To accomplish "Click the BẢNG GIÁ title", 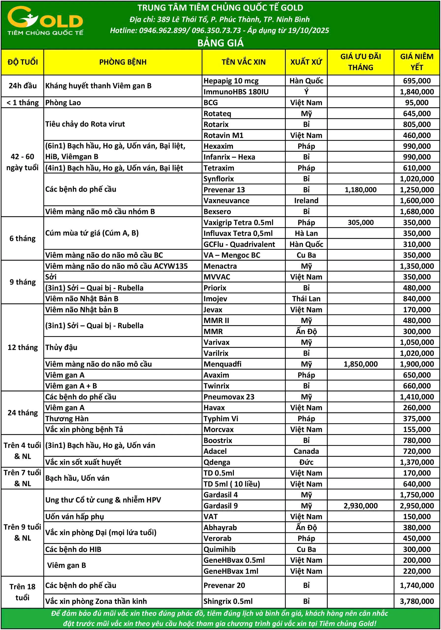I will click(x=220, y=43).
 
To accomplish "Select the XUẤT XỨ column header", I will click(x=306, y=62).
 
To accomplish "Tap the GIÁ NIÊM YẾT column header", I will click(x=417, y=62).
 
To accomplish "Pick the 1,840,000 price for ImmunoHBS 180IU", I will click(x=417, y=92).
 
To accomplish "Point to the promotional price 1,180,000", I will click(x=360, y=189).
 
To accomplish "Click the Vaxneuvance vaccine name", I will click(x=226, y=201).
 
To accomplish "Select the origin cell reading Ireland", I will click(x=306, y=201).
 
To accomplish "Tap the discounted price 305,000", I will click(x=360, y=222).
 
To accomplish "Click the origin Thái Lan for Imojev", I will click(x=306, y=299).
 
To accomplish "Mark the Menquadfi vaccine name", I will click(x=222, y=364).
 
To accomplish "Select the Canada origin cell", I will click(x=306, y=451).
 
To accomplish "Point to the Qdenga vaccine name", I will click(x=217, y=462).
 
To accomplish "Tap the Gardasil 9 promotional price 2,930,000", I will click(x=360, y=506).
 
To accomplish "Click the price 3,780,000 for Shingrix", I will click(x=417, y=601).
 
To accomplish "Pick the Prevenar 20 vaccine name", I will click(x=224, y=585).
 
